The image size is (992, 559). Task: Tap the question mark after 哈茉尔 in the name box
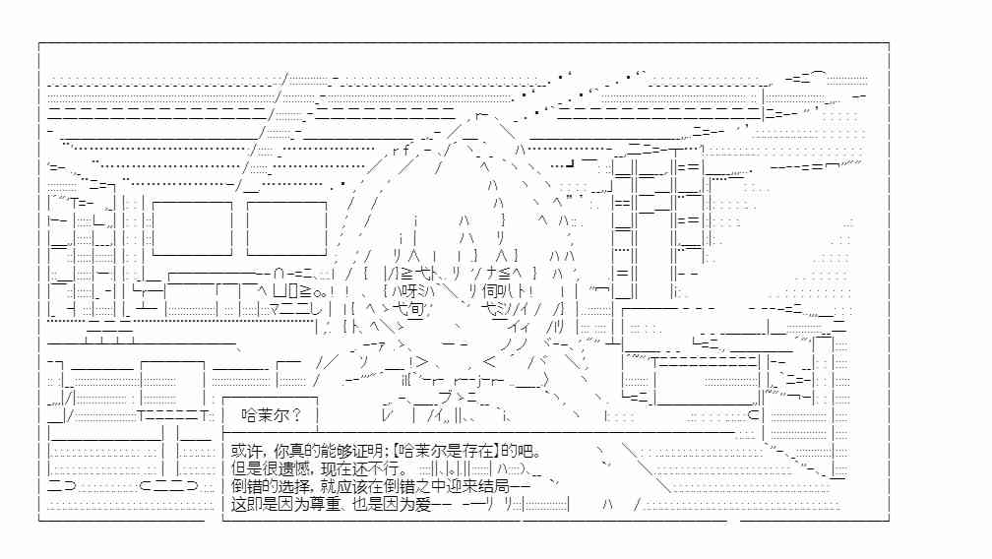point(296,415)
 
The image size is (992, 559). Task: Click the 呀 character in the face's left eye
point(407,291)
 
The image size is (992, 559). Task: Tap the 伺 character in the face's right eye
point(490,291)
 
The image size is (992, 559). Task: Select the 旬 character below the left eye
point(415,309)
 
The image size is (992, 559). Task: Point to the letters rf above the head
point(402,151)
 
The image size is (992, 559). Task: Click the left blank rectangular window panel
point(192,228)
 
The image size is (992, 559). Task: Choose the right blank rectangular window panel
point(286,228)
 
